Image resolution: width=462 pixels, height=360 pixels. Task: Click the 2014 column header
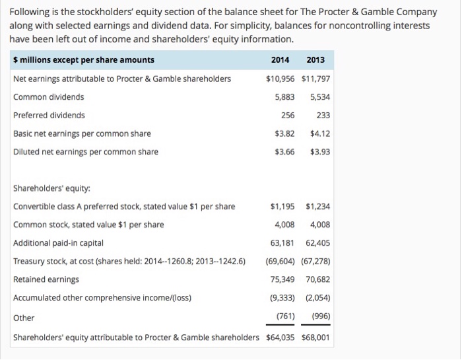coord(280,60)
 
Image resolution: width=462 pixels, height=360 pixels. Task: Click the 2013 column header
coord(315,60)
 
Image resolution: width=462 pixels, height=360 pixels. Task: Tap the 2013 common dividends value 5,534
coord(319,97)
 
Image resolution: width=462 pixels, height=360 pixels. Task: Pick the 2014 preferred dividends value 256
coord(288,115)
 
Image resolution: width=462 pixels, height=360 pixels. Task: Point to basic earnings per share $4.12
coord(319,133)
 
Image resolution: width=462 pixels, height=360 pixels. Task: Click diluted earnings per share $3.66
coord(284,152)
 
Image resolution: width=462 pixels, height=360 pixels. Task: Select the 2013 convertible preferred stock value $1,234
coord(316,207)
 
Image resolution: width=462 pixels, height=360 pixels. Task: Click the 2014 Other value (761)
coord(284,316)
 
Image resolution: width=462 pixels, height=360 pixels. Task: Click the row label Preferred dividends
coord(49,115)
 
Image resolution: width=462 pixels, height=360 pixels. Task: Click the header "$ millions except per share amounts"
coord(84,60)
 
